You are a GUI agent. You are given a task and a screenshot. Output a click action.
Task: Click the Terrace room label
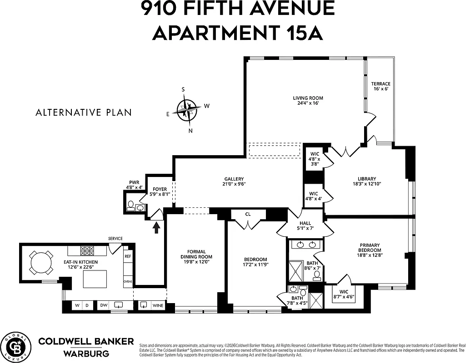pyautogui.click(x=380, y=86)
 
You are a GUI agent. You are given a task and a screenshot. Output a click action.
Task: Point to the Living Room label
pyautogui.click(x=308, y=101)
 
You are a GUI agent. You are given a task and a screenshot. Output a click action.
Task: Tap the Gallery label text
pyautogui.click(x=234, y=181)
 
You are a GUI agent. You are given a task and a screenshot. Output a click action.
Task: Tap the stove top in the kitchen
pyautogui.click(x=87, y=250)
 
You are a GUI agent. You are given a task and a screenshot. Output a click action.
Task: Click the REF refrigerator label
pyautogui.click(x=128, y=256)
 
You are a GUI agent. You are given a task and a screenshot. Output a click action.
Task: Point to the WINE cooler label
pyautogui.click(x=158, y=305)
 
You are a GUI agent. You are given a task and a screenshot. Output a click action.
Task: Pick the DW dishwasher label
pyautogui.click(x=104, y=305)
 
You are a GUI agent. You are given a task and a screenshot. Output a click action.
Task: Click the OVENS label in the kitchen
pyautogui.click(x=128, y=281)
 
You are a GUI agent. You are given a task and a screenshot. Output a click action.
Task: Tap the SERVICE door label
pyautogui.click(x=115, y=239)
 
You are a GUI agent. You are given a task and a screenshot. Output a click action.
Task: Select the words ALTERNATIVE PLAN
pyautogui.click(x=84, y=113)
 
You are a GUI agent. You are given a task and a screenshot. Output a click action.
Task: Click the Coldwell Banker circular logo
pyautogui.click(x=15, y=347)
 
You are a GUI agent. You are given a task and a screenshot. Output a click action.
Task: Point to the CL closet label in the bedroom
pyautogui.click(x=247, y=214)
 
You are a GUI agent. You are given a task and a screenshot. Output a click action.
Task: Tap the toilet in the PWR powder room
pyautogui.click(x=130, y=206)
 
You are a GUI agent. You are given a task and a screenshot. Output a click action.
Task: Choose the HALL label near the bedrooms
pyautogui.click(x=305, y=226)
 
